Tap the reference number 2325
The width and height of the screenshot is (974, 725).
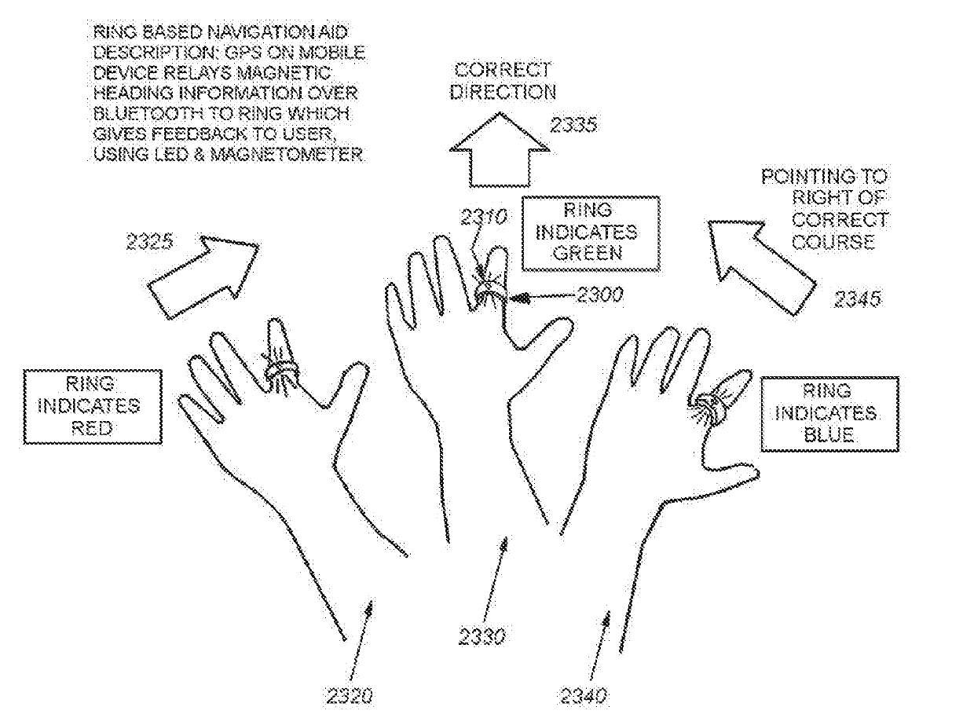click(x=151, y=243)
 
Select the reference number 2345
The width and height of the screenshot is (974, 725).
click(x=858, y=299)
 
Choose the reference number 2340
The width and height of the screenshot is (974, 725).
click(x=584, y=696)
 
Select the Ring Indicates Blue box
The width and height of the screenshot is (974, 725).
click(x=829, y=415)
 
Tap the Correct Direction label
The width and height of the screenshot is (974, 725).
click(x=503, y=81)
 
